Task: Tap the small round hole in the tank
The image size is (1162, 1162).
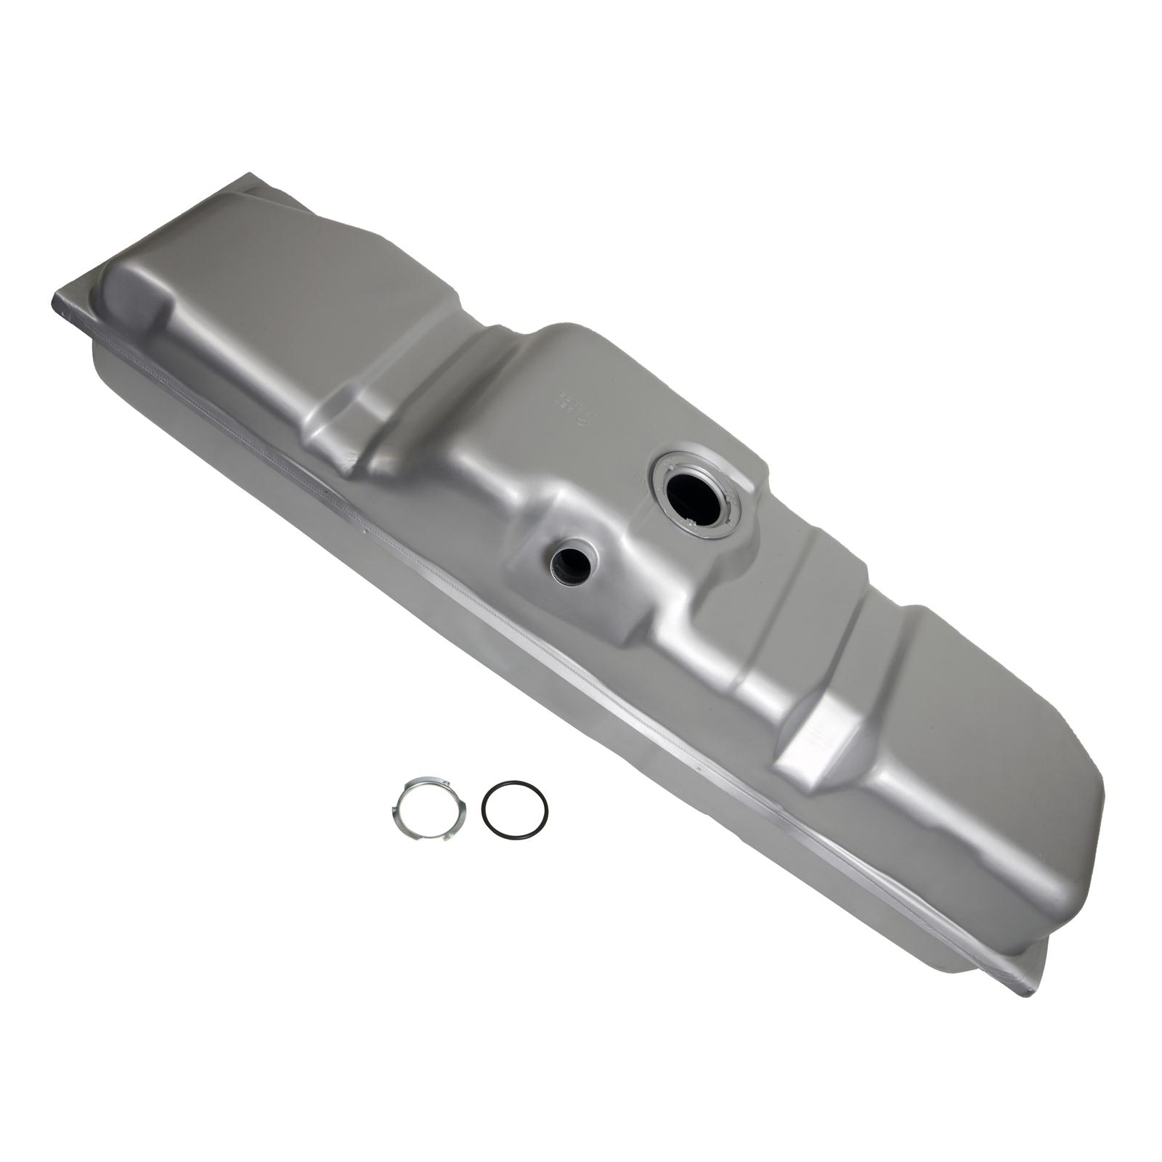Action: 571,561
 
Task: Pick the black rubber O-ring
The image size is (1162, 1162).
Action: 515,810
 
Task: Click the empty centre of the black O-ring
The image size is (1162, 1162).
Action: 515,810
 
